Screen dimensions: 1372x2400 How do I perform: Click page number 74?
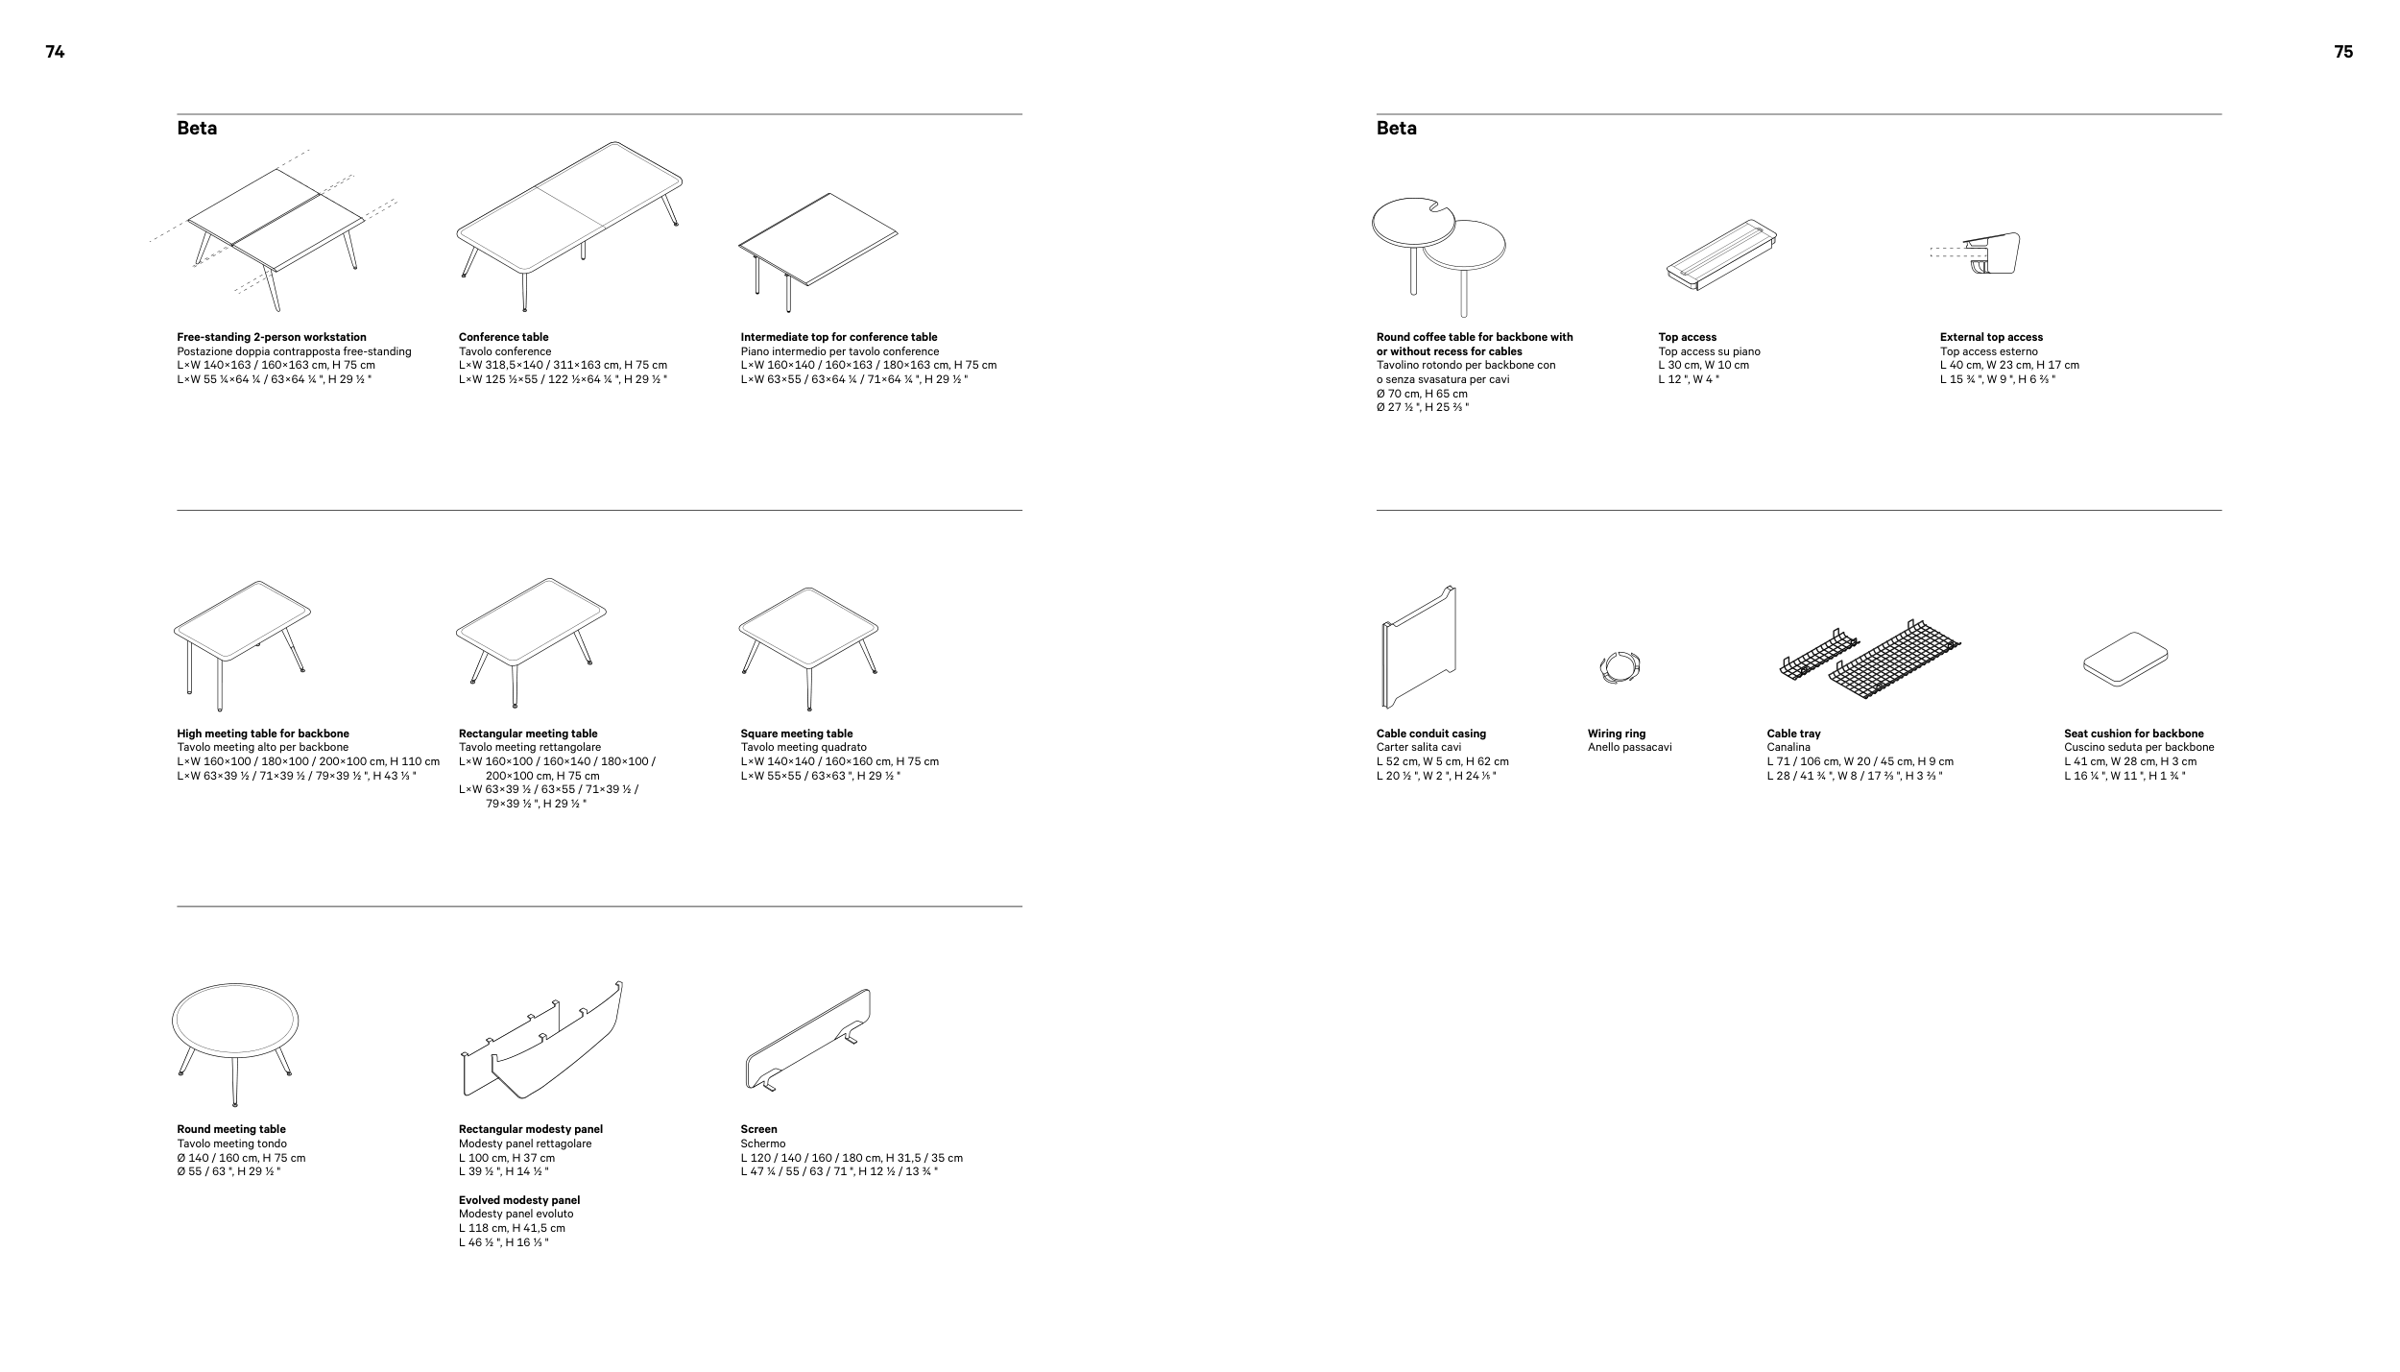click(55, 53)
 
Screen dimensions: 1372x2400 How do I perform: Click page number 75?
click(2343, 53)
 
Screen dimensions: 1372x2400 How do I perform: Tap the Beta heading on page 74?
click(197, 129)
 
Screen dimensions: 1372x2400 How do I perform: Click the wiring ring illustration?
click(1620, 667)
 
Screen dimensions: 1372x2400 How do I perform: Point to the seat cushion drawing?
click(2125, 660)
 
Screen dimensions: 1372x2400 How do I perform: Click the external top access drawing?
click(1989, 255)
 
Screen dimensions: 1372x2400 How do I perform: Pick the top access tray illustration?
click(1721, 256)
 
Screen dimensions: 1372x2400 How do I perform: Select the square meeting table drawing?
click(808, 634)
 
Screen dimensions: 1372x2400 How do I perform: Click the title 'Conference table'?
click(503, 337)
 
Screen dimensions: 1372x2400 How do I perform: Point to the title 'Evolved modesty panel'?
click(519, 1200)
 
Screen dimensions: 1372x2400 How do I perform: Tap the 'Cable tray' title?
click(1793, 734)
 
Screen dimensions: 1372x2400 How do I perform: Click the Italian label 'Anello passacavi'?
click(1629, 748)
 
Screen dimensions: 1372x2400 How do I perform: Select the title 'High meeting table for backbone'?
click(263, 734)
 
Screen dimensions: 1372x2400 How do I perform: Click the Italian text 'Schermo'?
click(762, 1143)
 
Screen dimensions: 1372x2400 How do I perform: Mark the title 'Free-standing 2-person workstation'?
click(272, 337)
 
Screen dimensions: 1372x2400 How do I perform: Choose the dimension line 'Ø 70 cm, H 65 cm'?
click(1422, 394)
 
